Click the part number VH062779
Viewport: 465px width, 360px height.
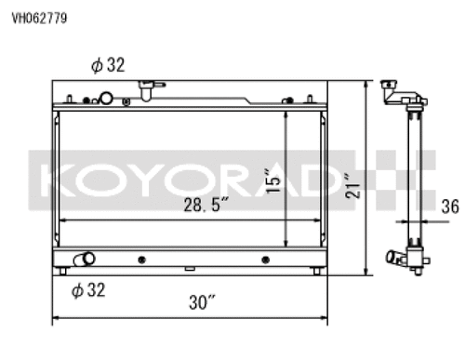point(39,18)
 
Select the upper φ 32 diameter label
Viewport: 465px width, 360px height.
point(108,65)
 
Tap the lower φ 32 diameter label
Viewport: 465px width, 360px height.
point(88,290)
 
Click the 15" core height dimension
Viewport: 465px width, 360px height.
point(273,180)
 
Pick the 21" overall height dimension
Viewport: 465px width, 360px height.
point(352,186)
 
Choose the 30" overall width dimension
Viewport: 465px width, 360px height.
point(202,302)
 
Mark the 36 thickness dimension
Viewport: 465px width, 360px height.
point(450,207)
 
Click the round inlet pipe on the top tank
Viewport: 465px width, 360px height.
point(106,98)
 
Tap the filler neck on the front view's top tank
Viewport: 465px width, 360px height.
point(149,90)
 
